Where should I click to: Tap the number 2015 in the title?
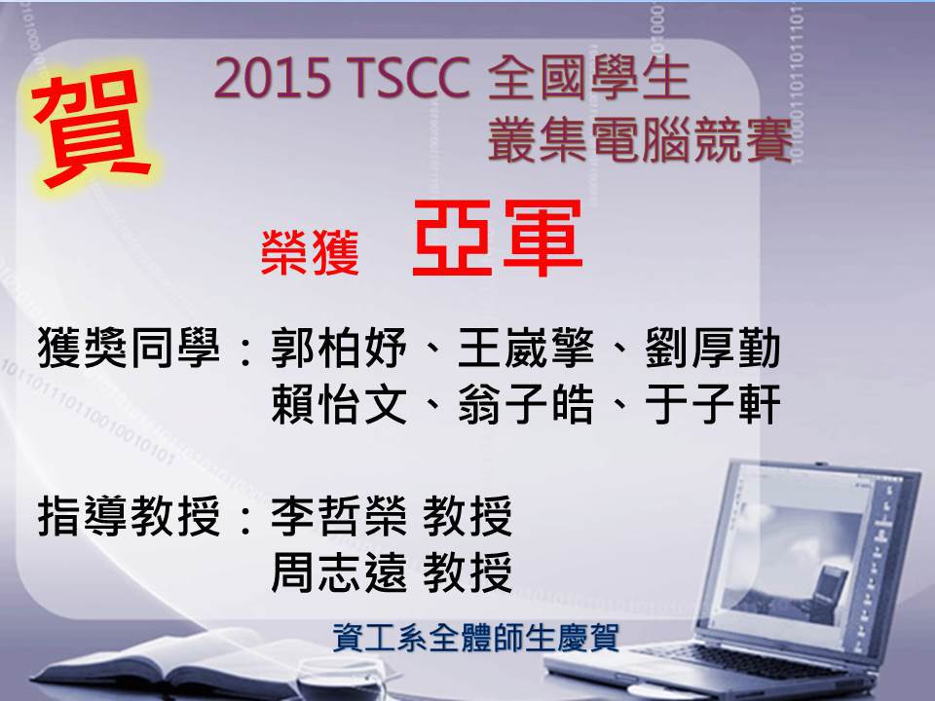[x=273, y=79]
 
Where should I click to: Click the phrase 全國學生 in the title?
[x=589, y=78]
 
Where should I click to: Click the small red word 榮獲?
[x=310, y=253]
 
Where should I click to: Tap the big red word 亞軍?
[x=498, y=239]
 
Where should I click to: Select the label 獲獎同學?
[x=129, y=349]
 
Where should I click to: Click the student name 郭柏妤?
[x=339, y=349]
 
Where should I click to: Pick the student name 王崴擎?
[x=526, y=349]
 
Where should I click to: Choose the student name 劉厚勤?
[x=713, y=349]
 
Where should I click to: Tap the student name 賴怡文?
[x=339, y=404]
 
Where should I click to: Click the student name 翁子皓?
[x=526, y=404]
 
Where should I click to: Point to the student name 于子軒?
[x=713, y=404]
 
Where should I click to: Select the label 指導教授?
[x=129, y=516]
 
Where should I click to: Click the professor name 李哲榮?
[x=339, y=516]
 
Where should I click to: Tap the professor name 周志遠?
[x=339, y=572]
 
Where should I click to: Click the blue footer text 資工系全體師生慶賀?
[x=476, y=637]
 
